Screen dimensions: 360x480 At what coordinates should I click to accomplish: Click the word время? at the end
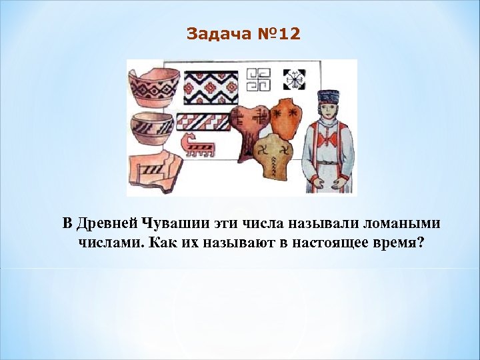[x=398, y=241]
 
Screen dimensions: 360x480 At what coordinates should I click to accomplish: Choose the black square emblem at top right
[x=293, y=80]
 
